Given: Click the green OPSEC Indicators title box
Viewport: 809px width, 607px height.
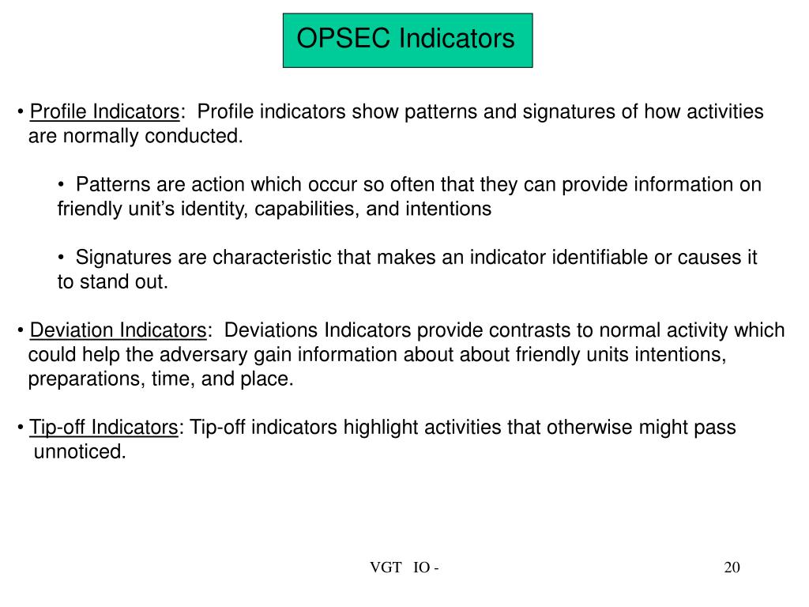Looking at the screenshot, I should coord(407,40).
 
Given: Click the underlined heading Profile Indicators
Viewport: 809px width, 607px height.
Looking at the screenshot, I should coord(104,111).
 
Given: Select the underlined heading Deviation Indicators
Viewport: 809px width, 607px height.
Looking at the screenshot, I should coord(118,330).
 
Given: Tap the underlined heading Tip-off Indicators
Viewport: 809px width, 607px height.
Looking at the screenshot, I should coord(103,428).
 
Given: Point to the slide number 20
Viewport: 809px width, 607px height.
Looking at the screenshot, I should coord(732,567).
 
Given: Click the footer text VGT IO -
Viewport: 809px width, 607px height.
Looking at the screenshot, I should coord(404,567).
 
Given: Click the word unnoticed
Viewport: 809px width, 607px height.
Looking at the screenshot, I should coord(79,452).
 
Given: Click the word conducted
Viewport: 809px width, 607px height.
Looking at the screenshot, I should coord(202,136).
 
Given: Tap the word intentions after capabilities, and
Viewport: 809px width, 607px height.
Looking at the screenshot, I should coord(448,209).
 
